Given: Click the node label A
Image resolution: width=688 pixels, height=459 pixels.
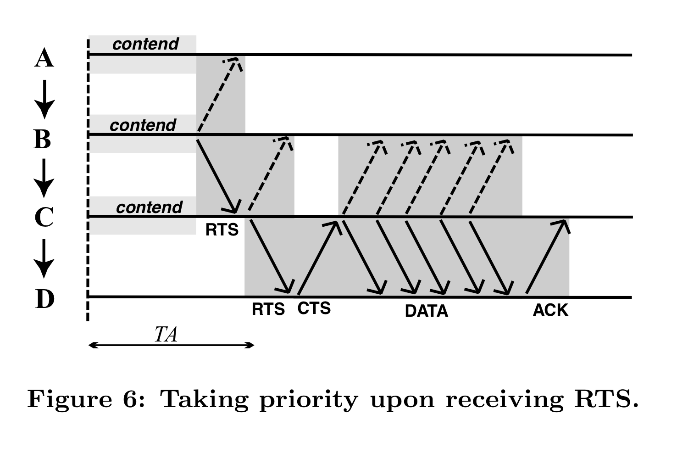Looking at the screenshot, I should pyautogui.click(x=44, y=59).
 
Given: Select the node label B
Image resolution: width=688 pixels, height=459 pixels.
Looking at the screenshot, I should pyautogui.click(x=42, y=139).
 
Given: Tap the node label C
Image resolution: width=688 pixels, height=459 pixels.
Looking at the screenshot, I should pyautogui.click(x=44, y=218).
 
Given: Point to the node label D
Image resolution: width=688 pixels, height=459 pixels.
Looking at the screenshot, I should pyautogui.click(x=44, y=299).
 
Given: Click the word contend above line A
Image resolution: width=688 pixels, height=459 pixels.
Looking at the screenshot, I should pyautogui.click(x=145, y=44).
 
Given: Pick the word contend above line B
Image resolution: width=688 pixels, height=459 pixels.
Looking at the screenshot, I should pyautogui.click(x=143, y=125).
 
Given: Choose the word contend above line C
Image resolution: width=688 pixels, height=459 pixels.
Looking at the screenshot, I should pyautogui.click(x=149, y=207).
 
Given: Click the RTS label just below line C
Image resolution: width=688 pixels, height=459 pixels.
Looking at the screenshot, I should pyautogui.click(x=222, y=229).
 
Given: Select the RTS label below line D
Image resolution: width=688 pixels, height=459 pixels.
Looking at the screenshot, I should pyautogui.click(x=268, y=309).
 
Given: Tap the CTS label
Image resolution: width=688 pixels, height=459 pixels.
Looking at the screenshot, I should pyautogui.click(x=314, y=308).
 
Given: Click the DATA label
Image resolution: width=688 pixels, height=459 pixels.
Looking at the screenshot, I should pyautogui.click(x=426, y=311).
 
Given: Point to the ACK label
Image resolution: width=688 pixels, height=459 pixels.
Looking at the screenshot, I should pyautogui.click(x=550, y=310).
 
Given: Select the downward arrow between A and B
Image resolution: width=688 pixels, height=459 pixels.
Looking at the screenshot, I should pyautogui.click(x=44, y=99).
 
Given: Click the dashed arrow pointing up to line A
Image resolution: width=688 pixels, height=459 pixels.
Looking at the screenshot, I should pyautogui.click(x=219, y=95).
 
